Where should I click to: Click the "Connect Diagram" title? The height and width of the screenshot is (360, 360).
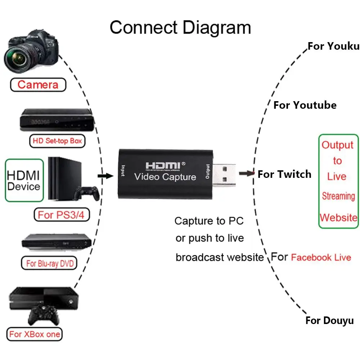[180, 28]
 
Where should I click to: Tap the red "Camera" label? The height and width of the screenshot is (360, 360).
[38, 85]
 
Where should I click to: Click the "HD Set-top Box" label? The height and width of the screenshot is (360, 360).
[57, 141]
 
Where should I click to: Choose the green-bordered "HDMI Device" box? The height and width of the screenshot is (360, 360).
[23, 181]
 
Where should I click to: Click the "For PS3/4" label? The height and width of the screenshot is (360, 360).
[61, 215]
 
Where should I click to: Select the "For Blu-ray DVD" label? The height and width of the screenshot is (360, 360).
[50, 264]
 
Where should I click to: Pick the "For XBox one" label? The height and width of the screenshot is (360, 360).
[35, 334]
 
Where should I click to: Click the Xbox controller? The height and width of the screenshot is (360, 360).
[44, 315]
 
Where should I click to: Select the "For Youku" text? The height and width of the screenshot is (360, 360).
[333, 46]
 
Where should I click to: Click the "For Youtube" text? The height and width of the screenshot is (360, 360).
[305, 105]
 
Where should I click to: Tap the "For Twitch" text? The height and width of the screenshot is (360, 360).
[284, 174]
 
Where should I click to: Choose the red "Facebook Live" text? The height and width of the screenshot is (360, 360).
[321, 257]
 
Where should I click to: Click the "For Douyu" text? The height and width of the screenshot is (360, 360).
[329, 320]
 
